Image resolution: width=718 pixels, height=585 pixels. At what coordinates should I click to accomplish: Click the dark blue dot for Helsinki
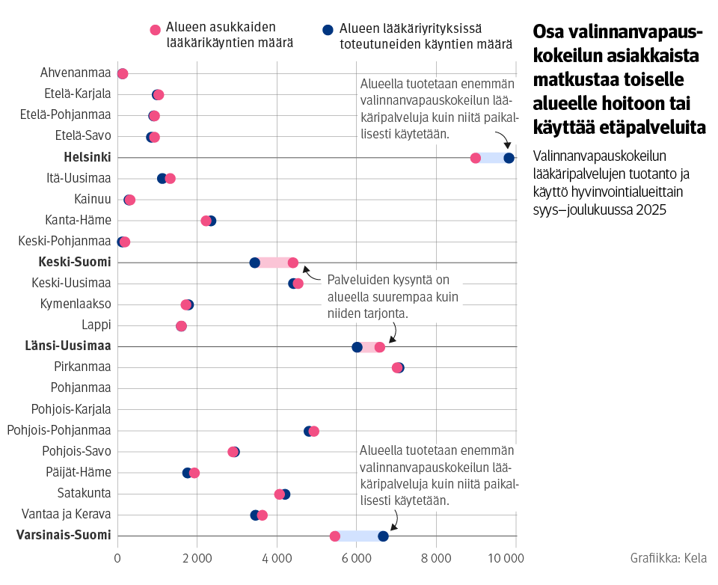pyautogui.click(x=509, y=158)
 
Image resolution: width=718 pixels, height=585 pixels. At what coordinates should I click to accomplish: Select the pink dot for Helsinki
pyautogui.click(x=475, y=158)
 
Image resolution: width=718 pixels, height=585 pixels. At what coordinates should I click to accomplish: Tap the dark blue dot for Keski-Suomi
pyautogui.click(x=254, y=263)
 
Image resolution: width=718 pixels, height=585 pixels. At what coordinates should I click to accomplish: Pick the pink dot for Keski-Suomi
pyautogui.click(x=293, y=263)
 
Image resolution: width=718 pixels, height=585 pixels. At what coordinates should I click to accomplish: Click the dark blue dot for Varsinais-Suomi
pyautogui.click(x=383, y=536)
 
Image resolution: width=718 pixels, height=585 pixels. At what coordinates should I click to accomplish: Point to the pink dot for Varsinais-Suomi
pyautogui.click(x=335, y=536)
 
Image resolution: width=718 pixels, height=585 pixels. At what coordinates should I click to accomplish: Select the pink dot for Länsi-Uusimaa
pyautogui.click(x=379, y=347)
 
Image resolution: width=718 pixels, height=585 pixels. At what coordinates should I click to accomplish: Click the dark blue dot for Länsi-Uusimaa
pyautogui.click(x=357, y=347)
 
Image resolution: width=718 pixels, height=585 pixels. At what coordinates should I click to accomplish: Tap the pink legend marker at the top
pyautogui.click(x=155, y=30)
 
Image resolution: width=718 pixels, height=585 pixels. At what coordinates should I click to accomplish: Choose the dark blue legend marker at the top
pyautogui.click(x=327, y=30)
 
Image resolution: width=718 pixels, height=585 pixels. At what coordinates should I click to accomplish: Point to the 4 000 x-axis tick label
pyautogui.click(x=277, y=558)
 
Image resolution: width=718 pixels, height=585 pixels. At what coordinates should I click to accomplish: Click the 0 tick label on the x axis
pyautogui.click(x=117, y=558)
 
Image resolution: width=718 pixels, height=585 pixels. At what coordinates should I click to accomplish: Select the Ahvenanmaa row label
pyautogui.click(x=76, y=73)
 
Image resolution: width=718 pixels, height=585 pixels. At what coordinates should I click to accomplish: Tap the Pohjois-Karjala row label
pyautogui.click(x=71, y=409)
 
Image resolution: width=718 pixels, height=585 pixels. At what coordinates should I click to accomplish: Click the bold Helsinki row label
pyautogui.click(x=88, y=157)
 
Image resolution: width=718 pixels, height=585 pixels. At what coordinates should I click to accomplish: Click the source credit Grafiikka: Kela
pyautogui.click(x=668, y=558)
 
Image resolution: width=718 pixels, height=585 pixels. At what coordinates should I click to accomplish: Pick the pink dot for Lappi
pyautogui.click(x=181, y=326)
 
